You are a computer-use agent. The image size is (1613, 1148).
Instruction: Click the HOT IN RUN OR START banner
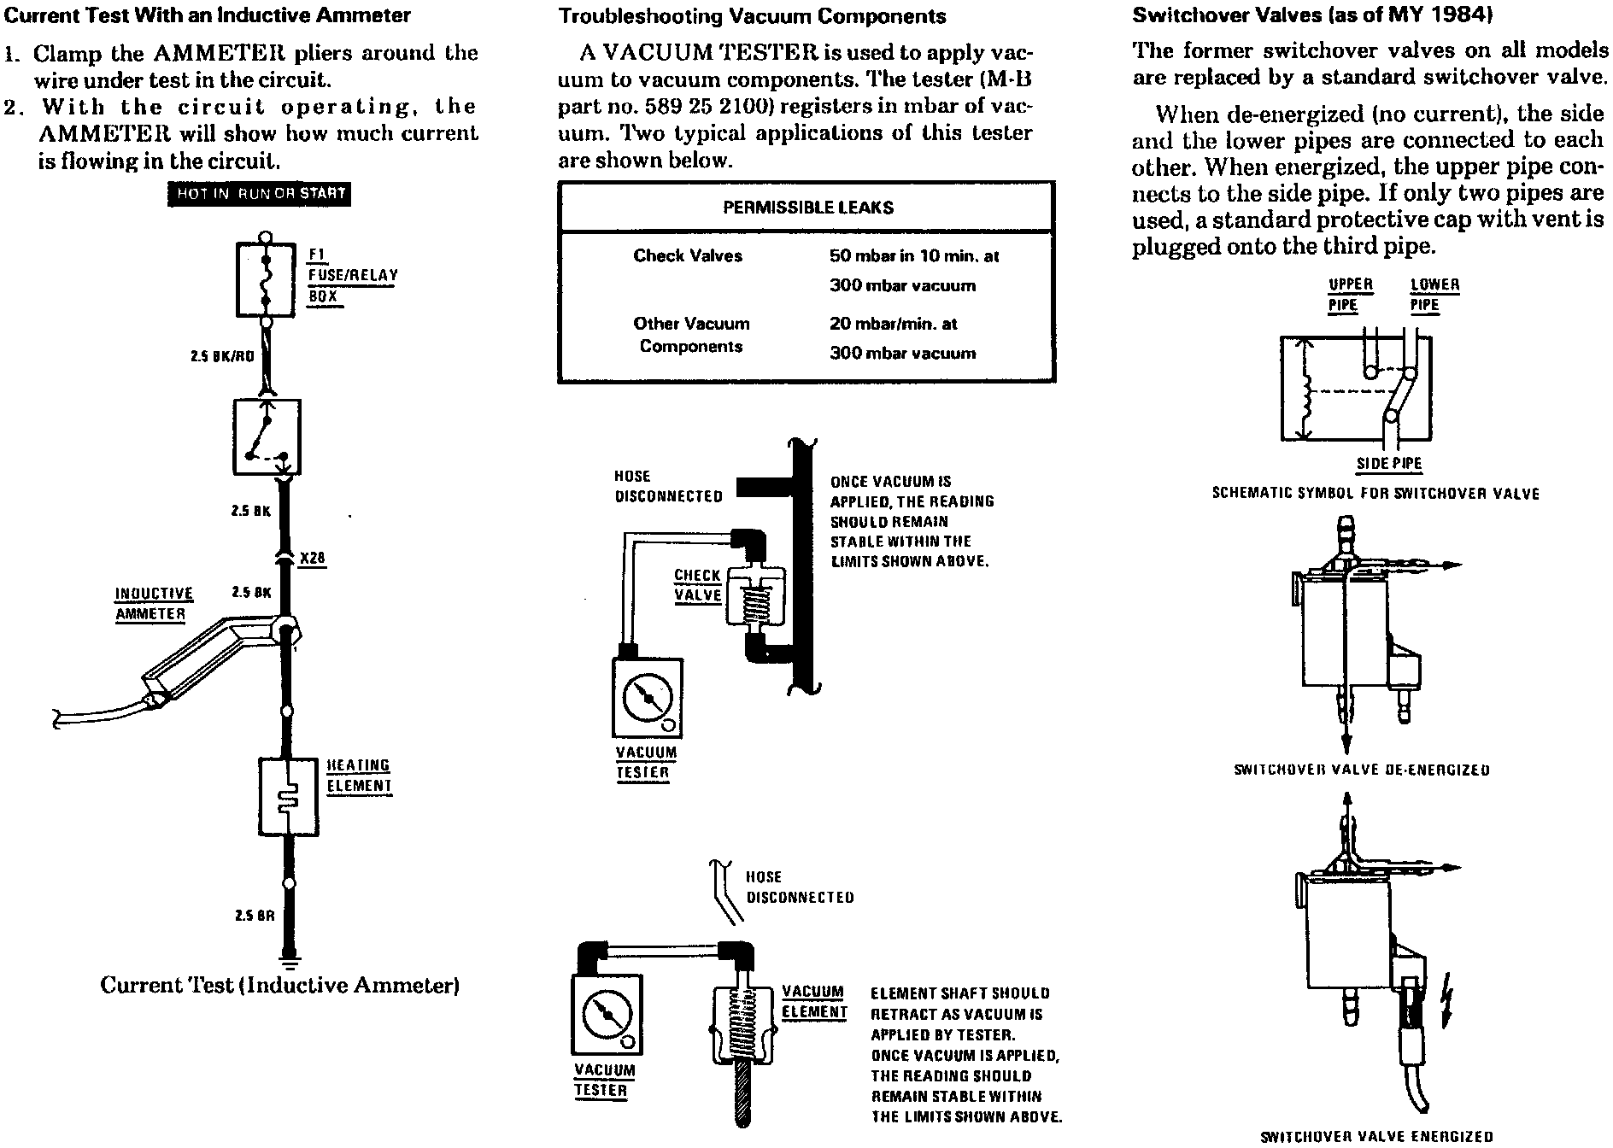click(x=259, y=194)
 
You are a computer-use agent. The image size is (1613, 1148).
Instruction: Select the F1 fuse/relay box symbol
click(x=266, y=278)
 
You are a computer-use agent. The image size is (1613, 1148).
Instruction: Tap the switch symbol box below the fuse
click(x=266, y=436)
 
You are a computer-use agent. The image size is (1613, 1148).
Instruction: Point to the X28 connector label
click(x=313, y=559)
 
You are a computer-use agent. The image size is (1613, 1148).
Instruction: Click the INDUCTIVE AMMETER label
click(x=154, y=604)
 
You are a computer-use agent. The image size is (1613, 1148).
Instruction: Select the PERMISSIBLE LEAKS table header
click(x=807, y=207)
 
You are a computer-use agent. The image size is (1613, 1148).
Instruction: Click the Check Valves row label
click(x=688, y=255)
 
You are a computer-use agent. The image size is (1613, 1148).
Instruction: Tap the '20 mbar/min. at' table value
click(x=893, y=324)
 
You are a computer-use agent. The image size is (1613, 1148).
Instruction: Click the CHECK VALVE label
click(x=698, y=585)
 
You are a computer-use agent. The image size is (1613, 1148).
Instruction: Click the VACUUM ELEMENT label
click(x=814, y=1002)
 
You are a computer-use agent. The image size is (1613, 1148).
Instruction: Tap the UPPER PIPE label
click(x=1350, y=295)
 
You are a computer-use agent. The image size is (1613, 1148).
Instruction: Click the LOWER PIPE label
click(x=1434, y=295)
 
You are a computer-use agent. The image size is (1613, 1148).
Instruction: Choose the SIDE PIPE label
click(x=1389, y=464)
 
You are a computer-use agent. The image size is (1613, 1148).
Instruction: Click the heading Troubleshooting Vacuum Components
click(x=752, y=16)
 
